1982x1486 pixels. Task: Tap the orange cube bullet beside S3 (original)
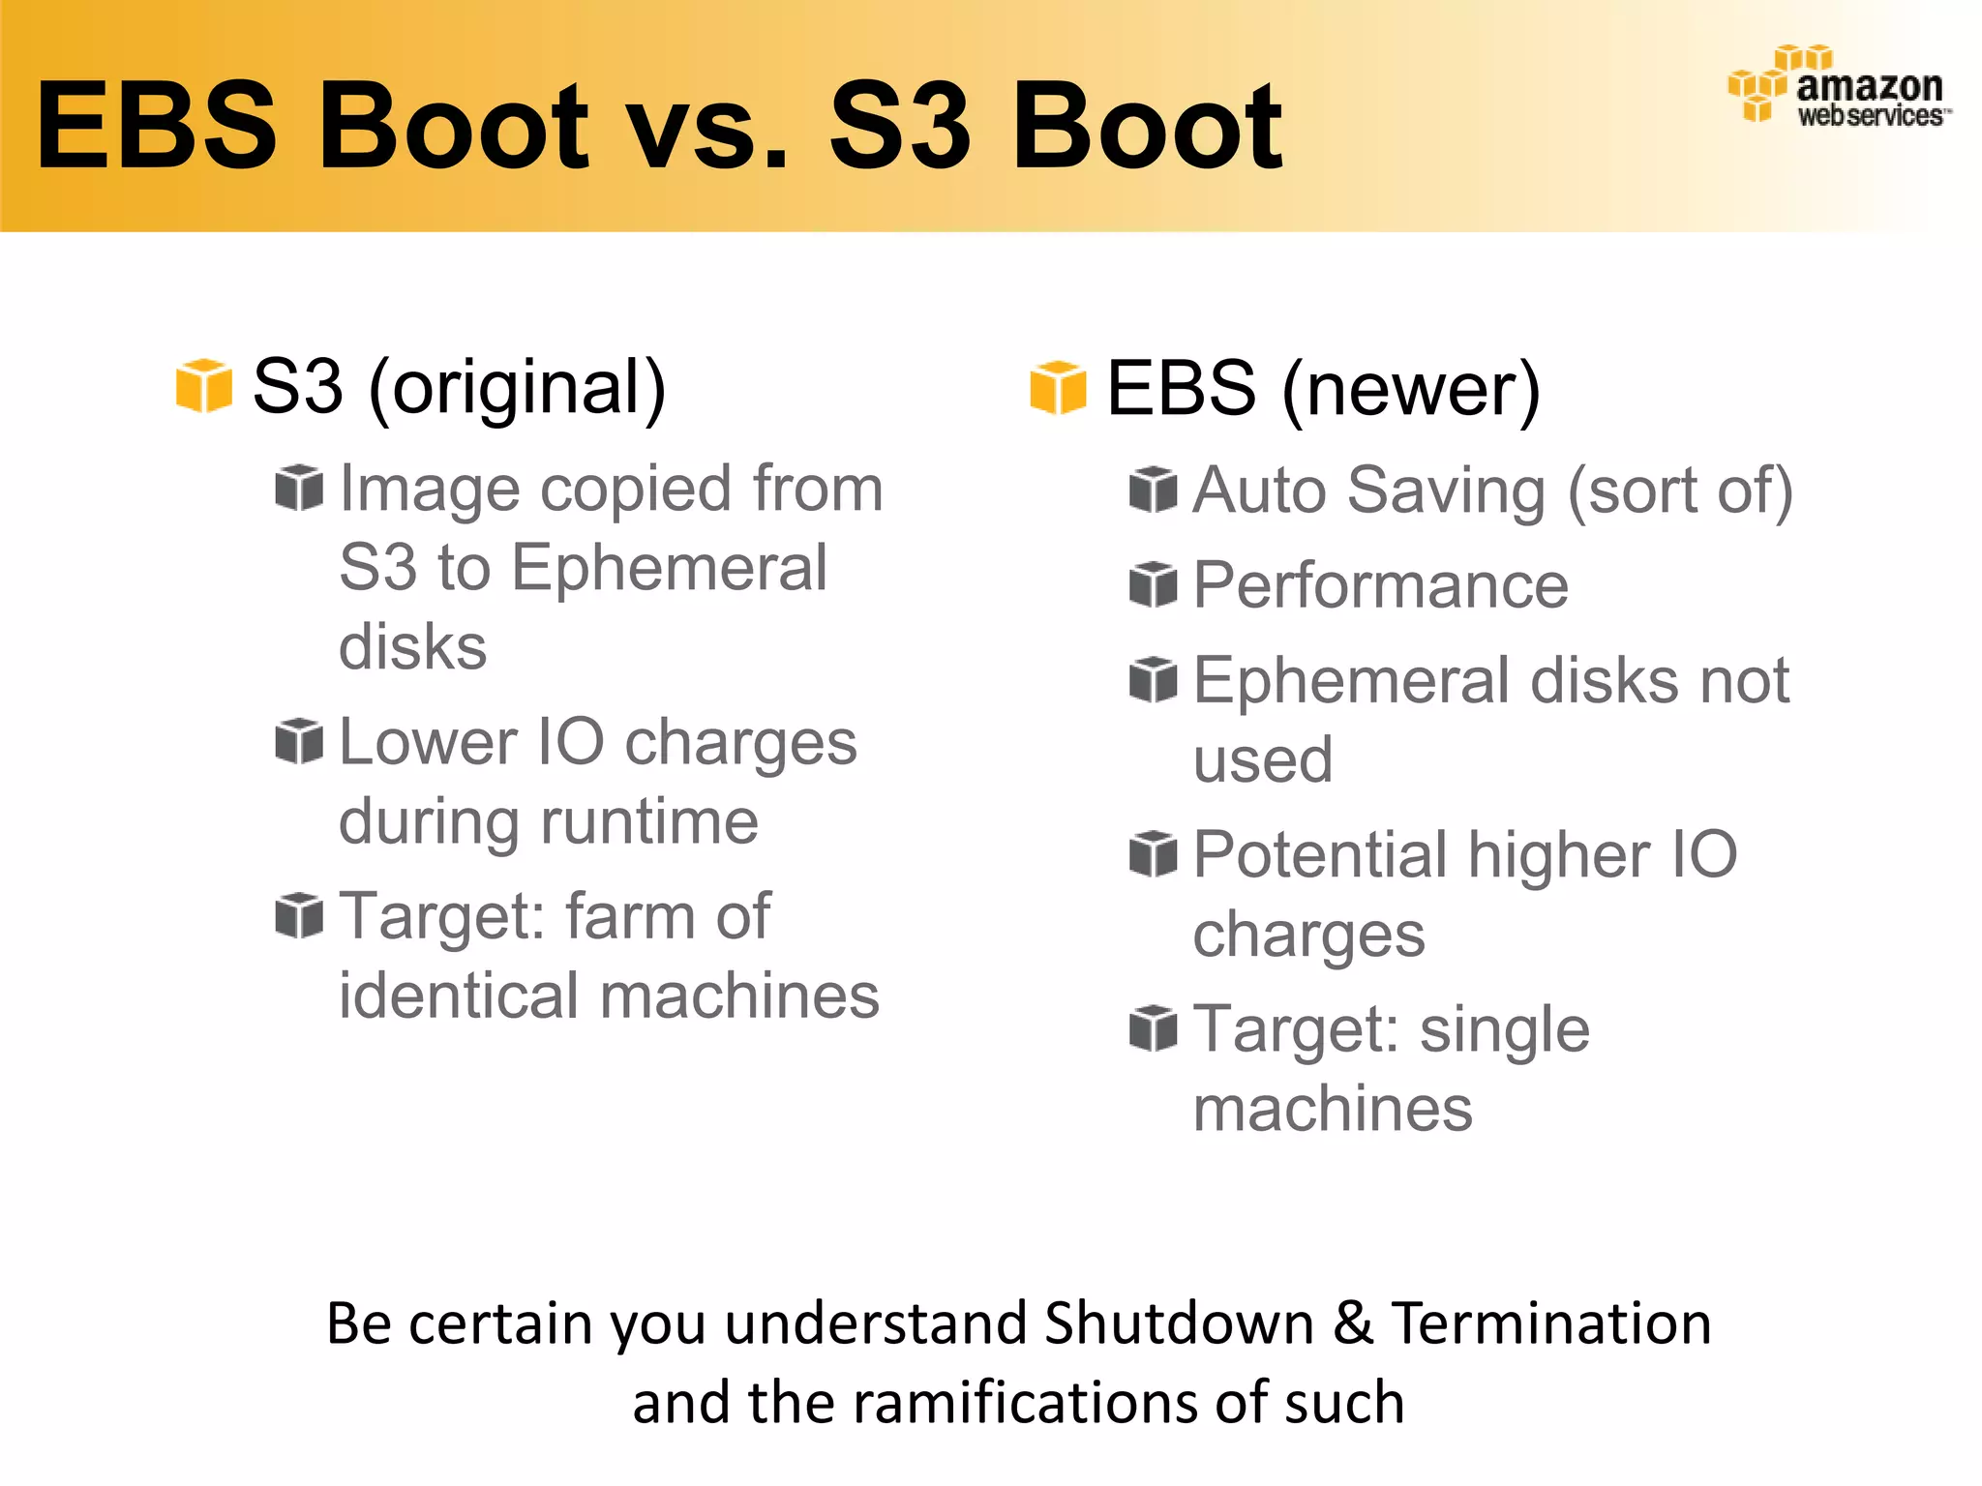[x=203, y=385]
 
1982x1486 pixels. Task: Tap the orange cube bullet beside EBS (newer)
[x=1058, y=387]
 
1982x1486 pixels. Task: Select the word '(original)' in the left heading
[x=518, y=387]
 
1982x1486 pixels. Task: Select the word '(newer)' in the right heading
[x=1411, y=389]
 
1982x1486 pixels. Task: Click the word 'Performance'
[x=1380, y=585]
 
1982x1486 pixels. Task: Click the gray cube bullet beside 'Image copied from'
[x=298, y=487]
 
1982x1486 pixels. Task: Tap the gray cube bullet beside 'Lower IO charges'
[x=298, y=741]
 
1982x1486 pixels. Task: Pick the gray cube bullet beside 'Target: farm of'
[x=298, y=915]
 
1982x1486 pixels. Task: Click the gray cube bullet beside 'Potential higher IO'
[x=1153, y=854]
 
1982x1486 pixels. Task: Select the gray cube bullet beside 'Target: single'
[x=1153, y=1028]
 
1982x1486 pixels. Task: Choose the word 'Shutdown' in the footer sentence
[x=1179, y=1323]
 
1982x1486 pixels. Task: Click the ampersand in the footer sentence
[x=1353, y=1323]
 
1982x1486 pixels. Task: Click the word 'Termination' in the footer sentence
[x=1551, y=1323]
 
